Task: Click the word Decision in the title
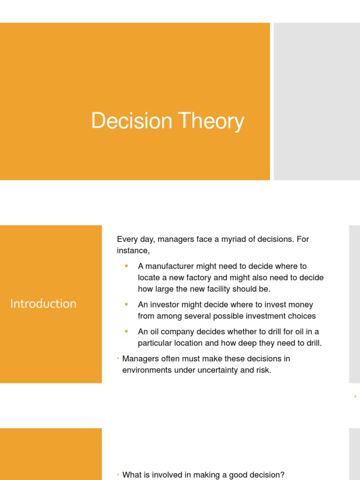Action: click(x=131, y=121)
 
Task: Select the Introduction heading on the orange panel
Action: click(x=43, y=304)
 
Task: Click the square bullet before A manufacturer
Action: click(x=126, y=266)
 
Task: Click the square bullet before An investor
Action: click(x=126, y=304)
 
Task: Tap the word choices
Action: click(x=300, y=316)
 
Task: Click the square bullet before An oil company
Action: click(x=126, y=331)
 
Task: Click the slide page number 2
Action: click(x=355, y=397)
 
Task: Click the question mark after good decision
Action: click(x=282, y=475)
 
